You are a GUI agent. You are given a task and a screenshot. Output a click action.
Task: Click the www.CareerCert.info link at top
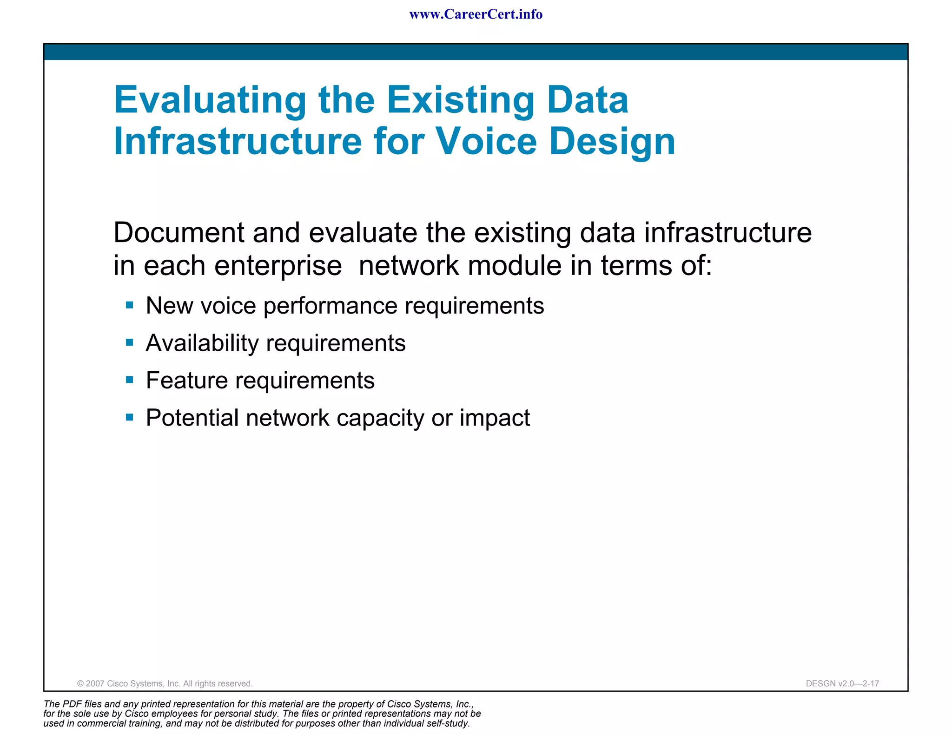coord(476,14)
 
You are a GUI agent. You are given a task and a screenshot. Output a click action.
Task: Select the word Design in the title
coord(612,142)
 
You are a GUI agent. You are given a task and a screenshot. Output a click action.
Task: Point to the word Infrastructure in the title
coord(238,141)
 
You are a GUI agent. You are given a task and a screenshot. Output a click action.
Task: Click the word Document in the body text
coord(178,232)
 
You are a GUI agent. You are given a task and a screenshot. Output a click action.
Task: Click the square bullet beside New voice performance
coord(130,305)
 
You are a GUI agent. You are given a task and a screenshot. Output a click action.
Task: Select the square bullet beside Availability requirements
coord(130,343)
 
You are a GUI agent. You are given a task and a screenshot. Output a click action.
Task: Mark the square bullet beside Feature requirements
coord(130,380)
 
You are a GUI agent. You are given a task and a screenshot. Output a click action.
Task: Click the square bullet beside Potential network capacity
coord(130,417)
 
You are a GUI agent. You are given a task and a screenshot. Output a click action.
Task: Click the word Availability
coord(202,343)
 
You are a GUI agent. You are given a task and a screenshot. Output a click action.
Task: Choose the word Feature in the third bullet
coord(187,381)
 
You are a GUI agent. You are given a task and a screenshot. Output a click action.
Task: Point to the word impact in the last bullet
coord(495,418)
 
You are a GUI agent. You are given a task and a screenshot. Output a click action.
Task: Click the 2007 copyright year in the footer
coord(95,683)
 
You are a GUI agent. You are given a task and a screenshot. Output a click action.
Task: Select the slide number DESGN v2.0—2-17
coord(842,683)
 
